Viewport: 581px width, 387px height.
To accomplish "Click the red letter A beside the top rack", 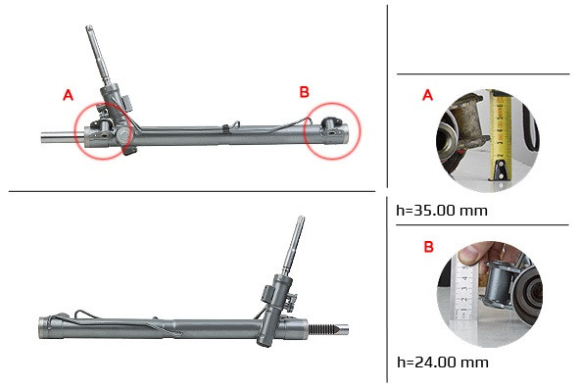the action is pos(69,95).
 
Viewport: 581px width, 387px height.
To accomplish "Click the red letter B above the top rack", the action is pos(304,92).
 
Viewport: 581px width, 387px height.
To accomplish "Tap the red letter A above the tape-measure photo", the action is pos(427,95).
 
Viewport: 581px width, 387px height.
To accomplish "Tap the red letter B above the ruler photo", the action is pos(429,247).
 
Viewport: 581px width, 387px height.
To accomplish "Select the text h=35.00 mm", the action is pos(442,211).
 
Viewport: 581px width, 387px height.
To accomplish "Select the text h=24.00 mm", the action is pos(443,362).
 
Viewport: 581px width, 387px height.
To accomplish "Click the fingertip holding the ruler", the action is pos(467,255).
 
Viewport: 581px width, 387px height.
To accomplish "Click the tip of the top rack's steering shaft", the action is pos(89,27).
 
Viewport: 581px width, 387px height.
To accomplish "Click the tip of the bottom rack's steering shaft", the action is pos(301,218).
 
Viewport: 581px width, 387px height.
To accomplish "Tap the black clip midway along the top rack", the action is pos(225,128).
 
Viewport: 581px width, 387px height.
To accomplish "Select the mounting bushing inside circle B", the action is pos(330,123).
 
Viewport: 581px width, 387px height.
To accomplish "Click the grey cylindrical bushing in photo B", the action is pos(500,285).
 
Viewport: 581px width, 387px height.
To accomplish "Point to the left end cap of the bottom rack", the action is pos(44,327).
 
